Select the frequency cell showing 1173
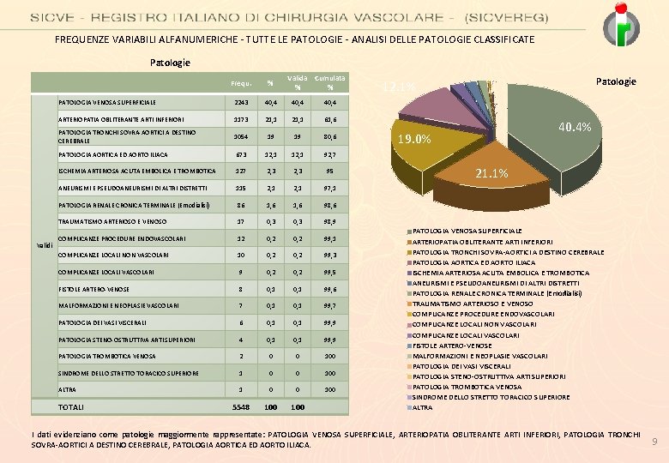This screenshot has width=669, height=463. (x=240, y=118)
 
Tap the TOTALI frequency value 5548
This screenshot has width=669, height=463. (x=240, y=406)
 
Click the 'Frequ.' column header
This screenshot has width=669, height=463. (x=240, y=83)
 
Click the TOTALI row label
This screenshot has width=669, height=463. (x=71, y=406)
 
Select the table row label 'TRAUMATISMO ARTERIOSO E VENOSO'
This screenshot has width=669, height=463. (x=113, y=222)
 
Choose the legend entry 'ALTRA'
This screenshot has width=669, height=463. (x=423, y=407)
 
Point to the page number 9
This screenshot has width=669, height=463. (x=654, y=442)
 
